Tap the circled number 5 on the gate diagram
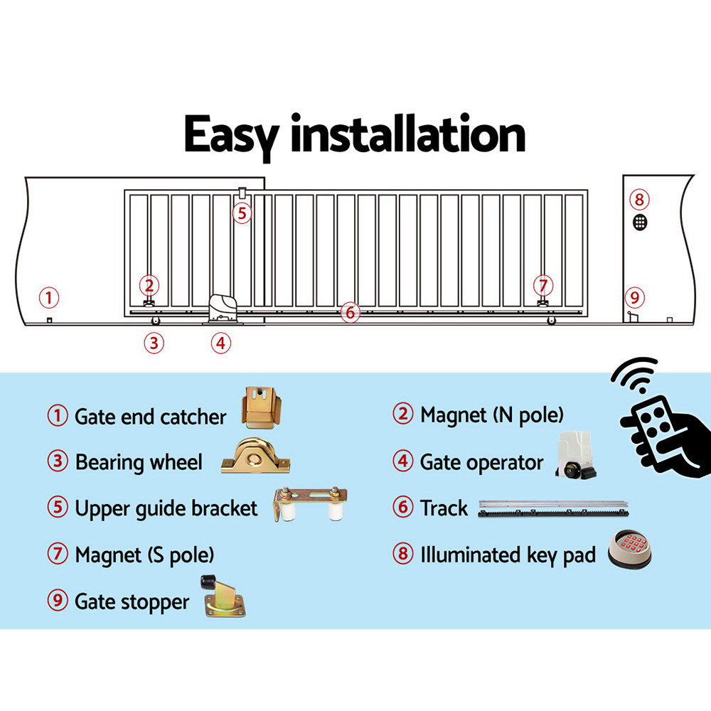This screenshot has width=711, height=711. coord(242,213)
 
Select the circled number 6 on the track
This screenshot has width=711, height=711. coord(349,311)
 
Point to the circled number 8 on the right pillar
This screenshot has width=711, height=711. coord(639,199)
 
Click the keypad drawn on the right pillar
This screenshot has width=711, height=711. coord(640,221)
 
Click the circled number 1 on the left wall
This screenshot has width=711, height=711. coord(48,297)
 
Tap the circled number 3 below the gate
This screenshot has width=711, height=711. coord(154,343)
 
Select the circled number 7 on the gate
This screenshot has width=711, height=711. coord(542,285)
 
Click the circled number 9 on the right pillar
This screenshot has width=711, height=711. coord(634,297)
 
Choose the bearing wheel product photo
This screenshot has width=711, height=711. coord(255,457)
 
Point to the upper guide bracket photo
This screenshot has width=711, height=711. coord(309,504)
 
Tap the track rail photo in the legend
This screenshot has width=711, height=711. coord(554,508)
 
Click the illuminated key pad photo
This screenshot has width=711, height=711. coord(630,550)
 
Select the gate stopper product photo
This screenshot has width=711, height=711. coord(223,596)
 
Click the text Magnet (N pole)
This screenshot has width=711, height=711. coord(491,415)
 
